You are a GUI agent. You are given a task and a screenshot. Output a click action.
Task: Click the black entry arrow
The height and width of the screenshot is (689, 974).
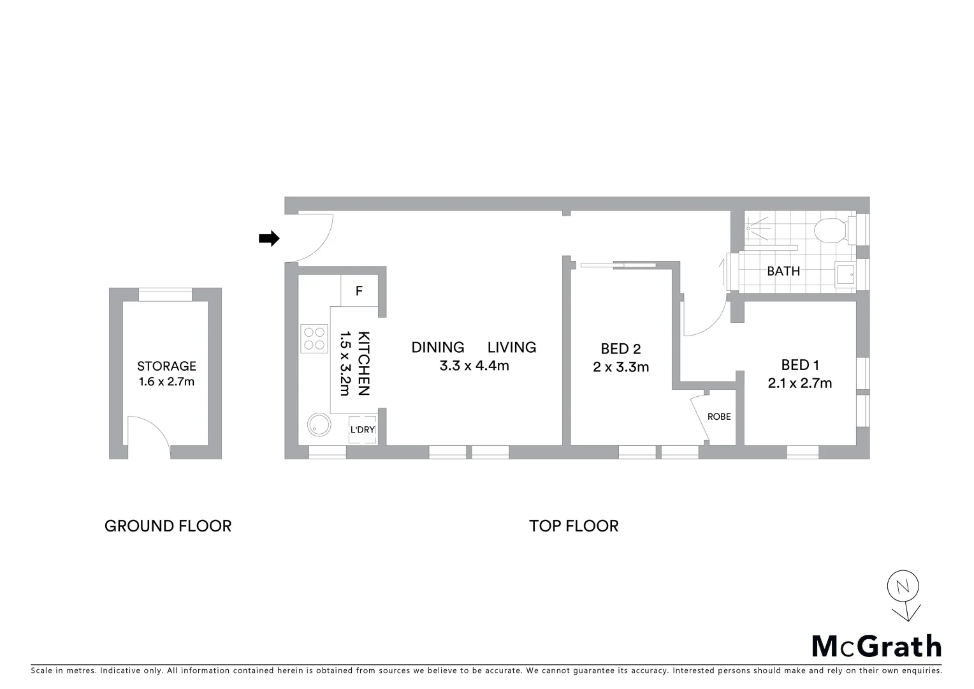[268, 239]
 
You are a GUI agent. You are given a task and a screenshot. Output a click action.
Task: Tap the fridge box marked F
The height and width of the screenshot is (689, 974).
[359, 291]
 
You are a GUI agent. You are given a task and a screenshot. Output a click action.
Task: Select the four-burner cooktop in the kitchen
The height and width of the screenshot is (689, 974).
[313, 338]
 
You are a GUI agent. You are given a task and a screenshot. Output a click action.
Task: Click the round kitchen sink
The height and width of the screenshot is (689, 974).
[319, 425]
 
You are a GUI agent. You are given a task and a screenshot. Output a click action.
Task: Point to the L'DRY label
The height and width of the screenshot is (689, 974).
[362, 429]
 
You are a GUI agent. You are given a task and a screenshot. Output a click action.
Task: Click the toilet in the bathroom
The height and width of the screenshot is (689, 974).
[829, 230]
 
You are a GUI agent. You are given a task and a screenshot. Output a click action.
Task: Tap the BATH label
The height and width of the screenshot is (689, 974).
[783, 271]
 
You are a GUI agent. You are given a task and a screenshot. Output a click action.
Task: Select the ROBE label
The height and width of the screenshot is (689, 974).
[719, 417]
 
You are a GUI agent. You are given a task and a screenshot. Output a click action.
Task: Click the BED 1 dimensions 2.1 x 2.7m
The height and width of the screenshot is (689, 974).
[800, 383]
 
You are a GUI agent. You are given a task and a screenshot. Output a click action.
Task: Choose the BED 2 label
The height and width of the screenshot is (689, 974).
[620, 349]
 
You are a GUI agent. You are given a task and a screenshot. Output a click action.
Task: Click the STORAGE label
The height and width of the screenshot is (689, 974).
[166, 366]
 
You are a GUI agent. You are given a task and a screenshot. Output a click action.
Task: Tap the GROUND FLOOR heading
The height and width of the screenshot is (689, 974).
[168, 526]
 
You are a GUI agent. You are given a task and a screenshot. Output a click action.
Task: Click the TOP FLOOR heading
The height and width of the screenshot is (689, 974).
[574, 526]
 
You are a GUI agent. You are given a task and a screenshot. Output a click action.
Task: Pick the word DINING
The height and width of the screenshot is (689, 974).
[437, 348]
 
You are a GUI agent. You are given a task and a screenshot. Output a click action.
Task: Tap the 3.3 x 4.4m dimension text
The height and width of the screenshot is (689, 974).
[474, 366]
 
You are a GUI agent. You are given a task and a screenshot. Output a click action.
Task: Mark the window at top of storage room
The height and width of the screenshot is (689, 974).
[165, 295]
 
